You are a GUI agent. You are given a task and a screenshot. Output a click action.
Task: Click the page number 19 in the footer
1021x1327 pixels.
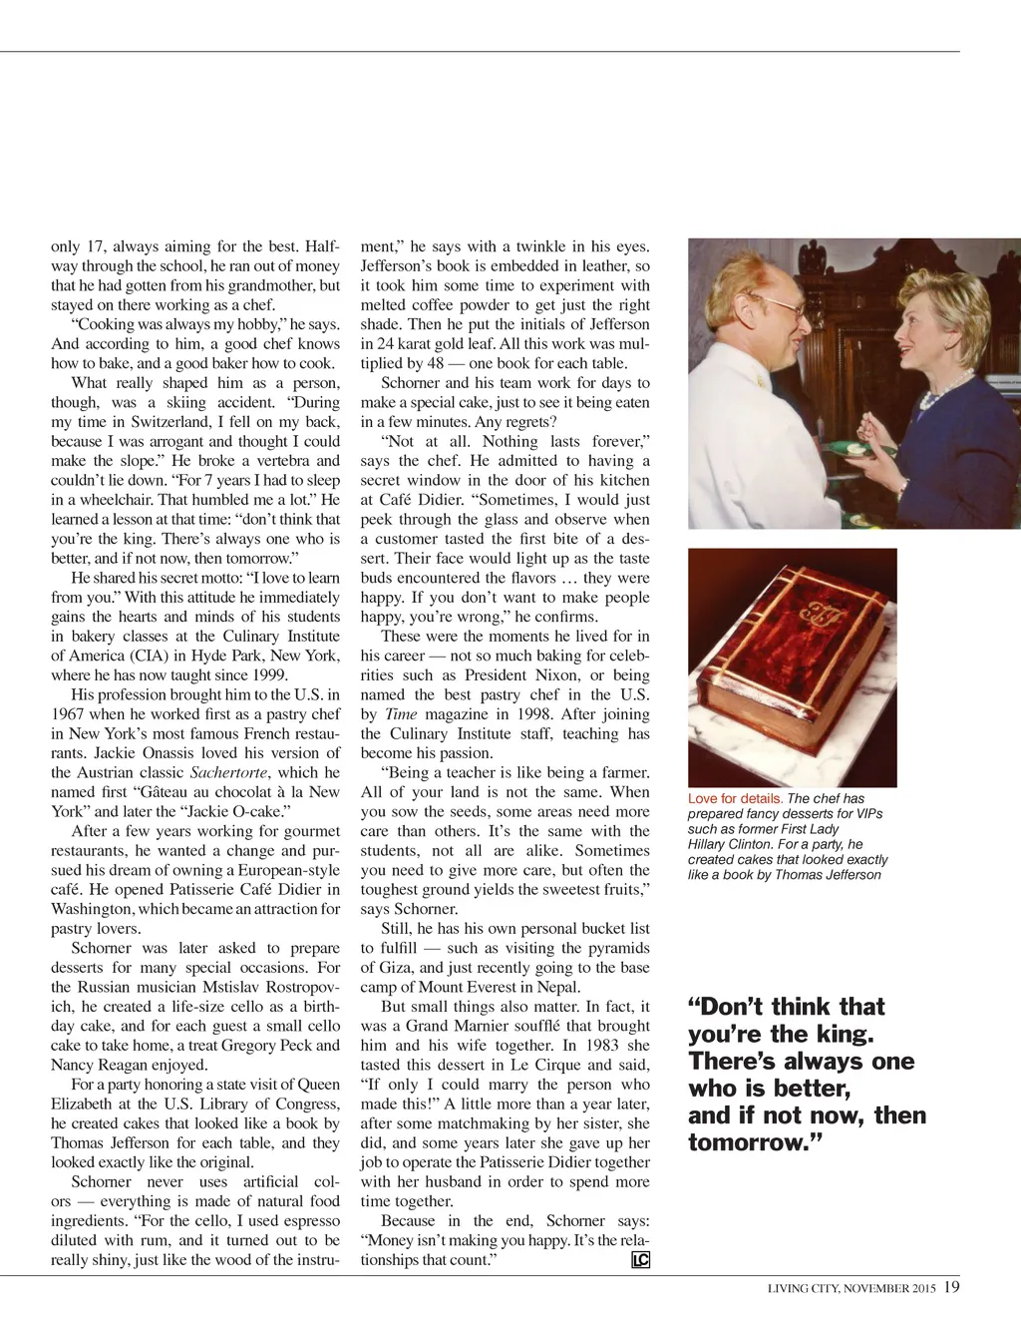coord(951,1287)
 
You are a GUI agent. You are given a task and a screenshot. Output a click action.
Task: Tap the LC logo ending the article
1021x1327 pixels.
coord(640,1260)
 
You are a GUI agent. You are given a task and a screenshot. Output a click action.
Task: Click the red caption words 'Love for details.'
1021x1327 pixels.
coord(736,798)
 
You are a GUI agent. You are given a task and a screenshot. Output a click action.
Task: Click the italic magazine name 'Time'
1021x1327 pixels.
coord(401,714)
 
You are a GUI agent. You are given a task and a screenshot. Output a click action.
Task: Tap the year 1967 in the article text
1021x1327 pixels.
coord(71,714)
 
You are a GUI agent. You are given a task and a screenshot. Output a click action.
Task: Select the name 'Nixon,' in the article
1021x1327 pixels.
coord(553,675)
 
